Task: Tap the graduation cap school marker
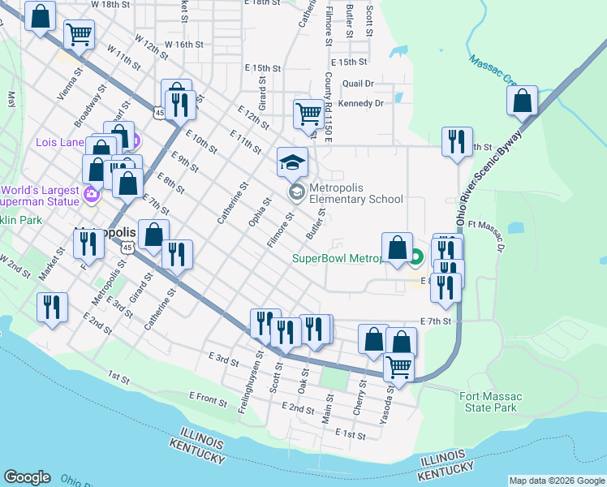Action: coord(293,162)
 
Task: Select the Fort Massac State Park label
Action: coord(490,402)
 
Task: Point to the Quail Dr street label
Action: coord(358,83)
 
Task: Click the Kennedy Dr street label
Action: coord(361,103)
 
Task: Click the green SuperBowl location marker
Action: coord(416,259)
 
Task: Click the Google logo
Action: coord(27,477)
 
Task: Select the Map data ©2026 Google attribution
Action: coord(556,481)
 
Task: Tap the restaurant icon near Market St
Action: coord(53,307)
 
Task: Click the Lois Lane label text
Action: coord(60,142)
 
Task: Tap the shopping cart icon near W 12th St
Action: coord(79,34)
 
